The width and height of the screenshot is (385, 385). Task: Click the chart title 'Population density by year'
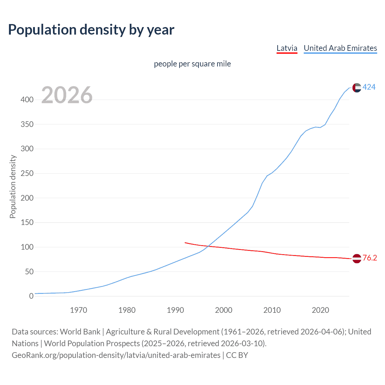(x=91, y=30)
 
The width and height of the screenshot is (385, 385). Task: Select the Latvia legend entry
(x=287, y=48)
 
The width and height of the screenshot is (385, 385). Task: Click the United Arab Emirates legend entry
(x=340, y=48)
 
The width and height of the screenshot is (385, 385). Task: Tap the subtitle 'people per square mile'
(x=192, y=64)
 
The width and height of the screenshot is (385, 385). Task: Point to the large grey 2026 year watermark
(x=67, y=95)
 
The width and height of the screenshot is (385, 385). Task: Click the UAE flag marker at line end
(x=356, y=88)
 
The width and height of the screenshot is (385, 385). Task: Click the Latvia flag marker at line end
(x=356, y=258)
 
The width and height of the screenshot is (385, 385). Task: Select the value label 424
(x=369, y=87)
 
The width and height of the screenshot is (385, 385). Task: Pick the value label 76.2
(x=369, y=258)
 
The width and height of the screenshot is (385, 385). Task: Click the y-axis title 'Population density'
(x=13, y=186)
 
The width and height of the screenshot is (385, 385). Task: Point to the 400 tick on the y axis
(x=27, y=100)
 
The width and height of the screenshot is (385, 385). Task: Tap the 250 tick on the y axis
(x=27, y=174)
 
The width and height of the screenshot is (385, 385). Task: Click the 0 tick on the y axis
(x=31, y=296)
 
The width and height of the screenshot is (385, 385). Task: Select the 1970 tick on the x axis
(x=79, y=310)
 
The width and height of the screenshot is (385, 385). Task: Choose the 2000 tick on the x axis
(x=223, y=310)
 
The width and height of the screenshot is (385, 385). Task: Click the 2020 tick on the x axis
(x=320, y=310)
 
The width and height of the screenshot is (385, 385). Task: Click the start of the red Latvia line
(x=185, y=242)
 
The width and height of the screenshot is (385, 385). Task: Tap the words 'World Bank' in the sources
(x=80, y=332)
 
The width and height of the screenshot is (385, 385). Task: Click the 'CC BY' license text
(x=237, y=355)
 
